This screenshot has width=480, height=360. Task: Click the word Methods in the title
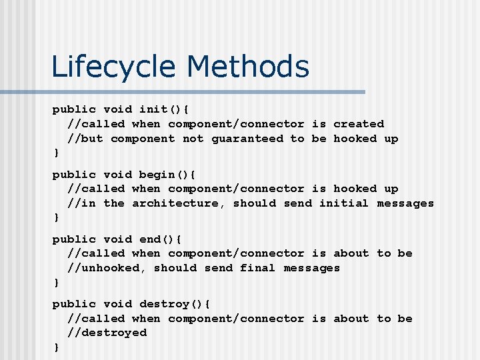coord(247,67)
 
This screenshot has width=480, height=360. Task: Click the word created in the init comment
coord(359,124)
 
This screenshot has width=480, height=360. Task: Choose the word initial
coord(344,203)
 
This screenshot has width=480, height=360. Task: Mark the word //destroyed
coord(107,333)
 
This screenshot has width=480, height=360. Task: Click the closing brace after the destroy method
coord(56,347)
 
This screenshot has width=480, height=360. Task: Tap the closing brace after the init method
coord(56,153)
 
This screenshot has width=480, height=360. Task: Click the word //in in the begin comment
coord(81,203)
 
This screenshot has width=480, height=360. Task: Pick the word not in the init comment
coord(193,139)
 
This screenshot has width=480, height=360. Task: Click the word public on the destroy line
coord(74,304)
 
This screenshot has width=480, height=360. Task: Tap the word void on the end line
coord(117,239)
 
